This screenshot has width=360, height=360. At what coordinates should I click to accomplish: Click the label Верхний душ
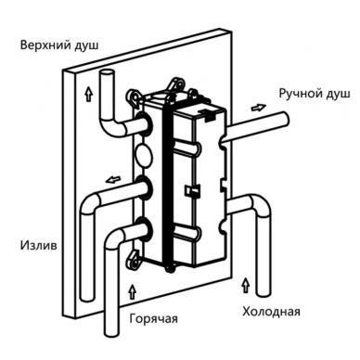(x=59, y=45)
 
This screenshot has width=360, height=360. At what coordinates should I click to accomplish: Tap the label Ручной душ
(x=315, y=94)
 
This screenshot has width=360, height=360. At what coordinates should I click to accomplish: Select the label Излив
(x=39, y=246)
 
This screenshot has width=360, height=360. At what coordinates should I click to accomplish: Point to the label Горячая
(x=154, y=318)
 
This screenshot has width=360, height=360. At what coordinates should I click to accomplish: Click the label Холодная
(x=271, y=311)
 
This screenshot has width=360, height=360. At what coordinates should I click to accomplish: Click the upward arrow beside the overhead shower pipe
(x=89, y=95)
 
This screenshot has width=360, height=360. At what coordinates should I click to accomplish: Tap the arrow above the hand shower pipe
(x=258, y=108)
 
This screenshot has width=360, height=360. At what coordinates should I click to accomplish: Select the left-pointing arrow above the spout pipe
(x=112, y=179)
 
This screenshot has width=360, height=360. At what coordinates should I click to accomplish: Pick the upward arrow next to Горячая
(x=133, y=291)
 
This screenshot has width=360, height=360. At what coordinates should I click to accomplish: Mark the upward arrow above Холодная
(x=246, y=285)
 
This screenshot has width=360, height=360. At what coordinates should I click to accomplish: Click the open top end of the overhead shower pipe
(x=107, y=73)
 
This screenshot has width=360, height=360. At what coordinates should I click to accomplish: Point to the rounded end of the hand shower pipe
(x=285, y=120)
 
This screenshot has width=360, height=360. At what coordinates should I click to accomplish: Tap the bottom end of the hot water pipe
(x=111, y=334)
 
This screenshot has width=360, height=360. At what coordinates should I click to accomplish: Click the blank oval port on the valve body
(x=144, y=153)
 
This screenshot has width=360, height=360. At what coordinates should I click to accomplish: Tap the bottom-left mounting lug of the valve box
(x=134, y=259)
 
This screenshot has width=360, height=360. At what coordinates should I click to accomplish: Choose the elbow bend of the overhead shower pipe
(x=110, y=126)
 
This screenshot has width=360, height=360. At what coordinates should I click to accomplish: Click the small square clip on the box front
(x=191, y=189)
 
